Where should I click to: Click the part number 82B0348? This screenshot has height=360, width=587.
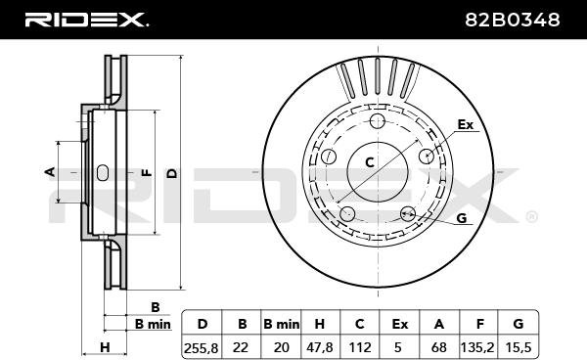(x=512, y=20)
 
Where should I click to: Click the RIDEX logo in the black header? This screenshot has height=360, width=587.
(x=86, y=20)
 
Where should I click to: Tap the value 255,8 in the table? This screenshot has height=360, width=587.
(x=201, y=347)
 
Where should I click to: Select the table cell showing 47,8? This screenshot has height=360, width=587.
(x=319, y=347)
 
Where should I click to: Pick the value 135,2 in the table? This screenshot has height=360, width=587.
(x=478, y=347)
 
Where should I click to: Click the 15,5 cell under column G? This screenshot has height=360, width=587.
(x=519, y=347)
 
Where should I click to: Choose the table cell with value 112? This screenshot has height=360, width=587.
(x=359, y=347)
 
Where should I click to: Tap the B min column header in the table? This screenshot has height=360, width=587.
(x=281, y=324)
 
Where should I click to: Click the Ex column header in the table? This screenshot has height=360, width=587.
(x=399, y=324)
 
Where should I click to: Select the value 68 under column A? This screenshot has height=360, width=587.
(x=438, y=347)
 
